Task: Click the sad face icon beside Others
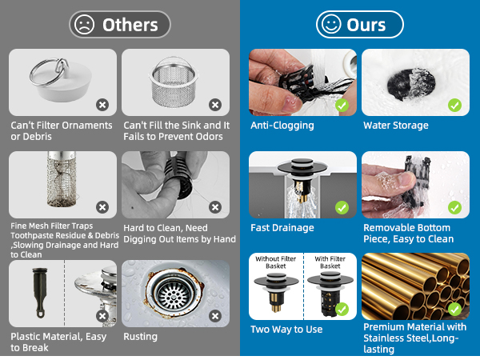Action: pos(84,25)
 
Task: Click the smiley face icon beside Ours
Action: pos(331,25)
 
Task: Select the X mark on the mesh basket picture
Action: pos(215,105)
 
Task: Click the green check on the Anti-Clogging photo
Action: pos(342,106)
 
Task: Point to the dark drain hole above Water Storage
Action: pos(411,84)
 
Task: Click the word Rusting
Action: pos(140,337)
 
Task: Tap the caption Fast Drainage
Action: pos(282,228)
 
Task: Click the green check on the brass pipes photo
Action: pos(454,309)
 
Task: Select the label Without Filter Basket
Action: pos(276,262)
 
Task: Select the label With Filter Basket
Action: pos(330,262)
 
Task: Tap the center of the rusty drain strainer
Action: pos(173,294)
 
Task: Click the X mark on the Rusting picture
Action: pos(215,316)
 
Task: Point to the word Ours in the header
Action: pos(366,25)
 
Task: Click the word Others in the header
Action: pos(130,25)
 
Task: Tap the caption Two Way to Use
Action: pos(286,330)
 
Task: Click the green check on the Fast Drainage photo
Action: pos(342,207)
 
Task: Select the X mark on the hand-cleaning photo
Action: pos(215,207)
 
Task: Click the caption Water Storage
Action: pos(396,126)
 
